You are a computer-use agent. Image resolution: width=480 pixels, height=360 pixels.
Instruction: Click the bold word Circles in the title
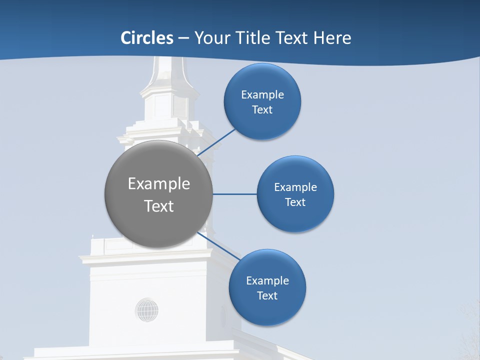tap(147, 38)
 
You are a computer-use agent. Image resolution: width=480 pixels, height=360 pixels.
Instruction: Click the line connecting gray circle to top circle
tap(217, 141)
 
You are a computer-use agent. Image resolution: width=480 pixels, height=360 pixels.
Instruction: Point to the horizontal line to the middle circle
tap(235, 194)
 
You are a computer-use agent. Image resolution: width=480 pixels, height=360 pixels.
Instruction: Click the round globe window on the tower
tap(146, 310)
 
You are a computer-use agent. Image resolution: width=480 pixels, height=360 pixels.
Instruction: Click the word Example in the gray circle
tap(158, 183)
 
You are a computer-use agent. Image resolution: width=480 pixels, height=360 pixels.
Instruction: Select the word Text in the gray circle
tap(158, 206)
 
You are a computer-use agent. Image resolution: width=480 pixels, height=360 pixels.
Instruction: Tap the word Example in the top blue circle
tap(262, 94)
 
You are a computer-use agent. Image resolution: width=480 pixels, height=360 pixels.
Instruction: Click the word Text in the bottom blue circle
tap(267, 295)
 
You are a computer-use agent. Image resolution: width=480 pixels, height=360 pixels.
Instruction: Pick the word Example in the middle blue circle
tap(295, 187)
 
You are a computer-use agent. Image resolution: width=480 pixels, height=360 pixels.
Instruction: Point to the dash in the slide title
tap(183, 38)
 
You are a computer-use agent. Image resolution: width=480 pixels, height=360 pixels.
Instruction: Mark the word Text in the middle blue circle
tap(295, 202)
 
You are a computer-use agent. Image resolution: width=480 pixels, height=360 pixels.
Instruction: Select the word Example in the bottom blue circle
tap(267, 280)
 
